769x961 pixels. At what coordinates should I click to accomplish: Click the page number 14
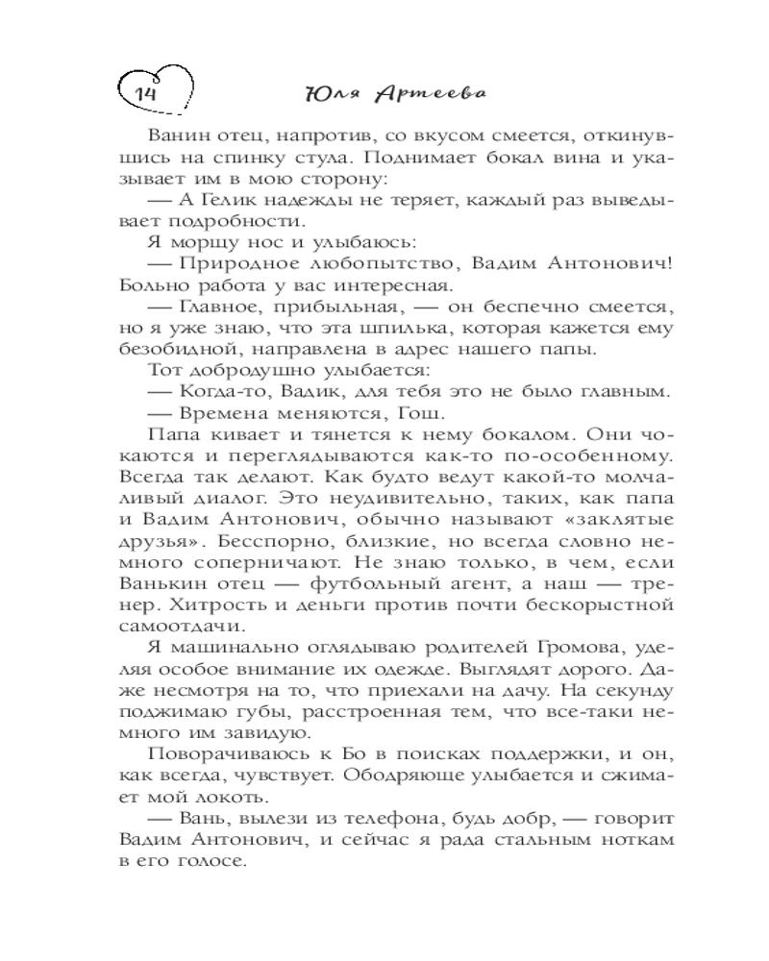145,94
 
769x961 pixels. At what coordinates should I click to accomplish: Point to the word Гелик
228,198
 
